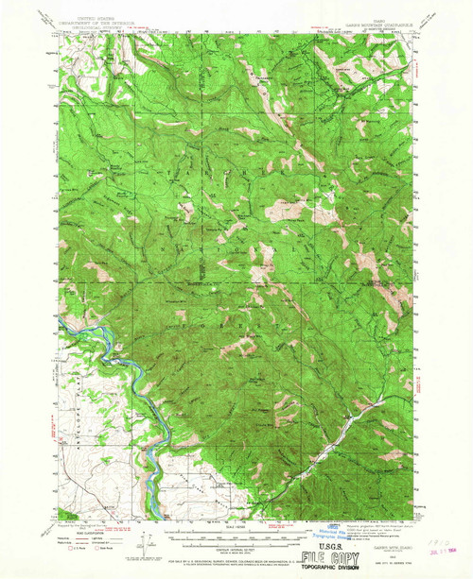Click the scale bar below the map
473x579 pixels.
pos(236,524)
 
